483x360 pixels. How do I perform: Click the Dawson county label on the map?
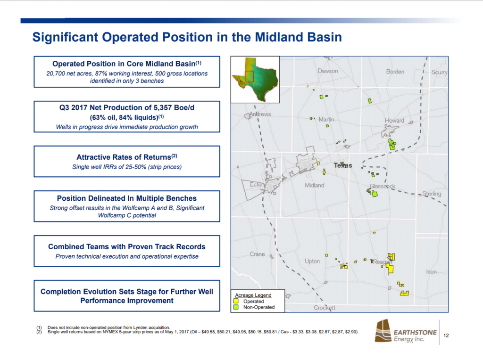pyautogui.click(x=327, y=71)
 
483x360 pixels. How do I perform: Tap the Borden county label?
pyautogui.click(x=395, y=72)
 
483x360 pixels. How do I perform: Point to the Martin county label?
pyautogui.click(x=326, y=120)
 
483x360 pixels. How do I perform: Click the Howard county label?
pyautogui.click(x=394, y=121)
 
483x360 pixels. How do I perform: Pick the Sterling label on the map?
pyautogui.click(x=432, y=194)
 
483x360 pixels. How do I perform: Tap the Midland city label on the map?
pyautogui.click(x=315, y=185)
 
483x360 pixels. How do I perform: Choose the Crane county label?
pyautogui.click(x=258, y=254)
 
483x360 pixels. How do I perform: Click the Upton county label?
pyautogui.click(x=312, y=261)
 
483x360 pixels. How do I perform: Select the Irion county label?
pyautogui.click(x=431, y=272)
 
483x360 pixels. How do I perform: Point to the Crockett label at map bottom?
pyautogui.click(x=325, y=308)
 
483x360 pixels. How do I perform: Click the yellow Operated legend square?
pyautogui.click(x=237, y=301)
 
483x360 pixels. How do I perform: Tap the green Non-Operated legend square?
pyautogui.click(x=237, y=307)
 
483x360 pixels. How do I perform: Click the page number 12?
pyautogui.click(x=446, y=335)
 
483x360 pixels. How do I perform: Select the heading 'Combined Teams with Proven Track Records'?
pyautogui.click(x=127, y=246)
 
